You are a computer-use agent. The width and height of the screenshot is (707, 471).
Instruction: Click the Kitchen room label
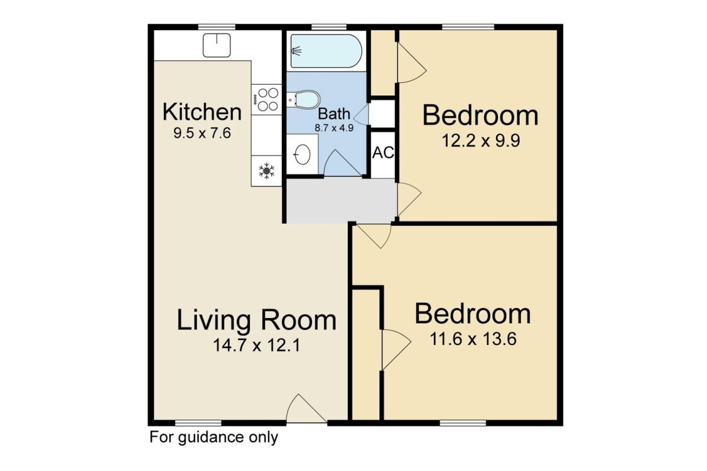coord(202,112)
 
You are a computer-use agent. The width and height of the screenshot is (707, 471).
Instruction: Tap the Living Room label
coord(257,320)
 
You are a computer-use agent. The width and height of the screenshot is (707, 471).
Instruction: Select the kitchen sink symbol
coord(217,45)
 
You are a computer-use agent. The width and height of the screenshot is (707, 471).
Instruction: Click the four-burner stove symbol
coord(266,99)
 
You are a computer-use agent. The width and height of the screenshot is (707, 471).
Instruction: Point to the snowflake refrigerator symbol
coord(266,171)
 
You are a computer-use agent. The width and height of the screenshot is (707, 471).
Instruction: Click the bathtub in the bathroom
coord(326,51)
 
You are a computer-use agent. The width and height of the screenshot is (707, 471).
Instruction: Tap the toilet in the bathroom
coord(303,99)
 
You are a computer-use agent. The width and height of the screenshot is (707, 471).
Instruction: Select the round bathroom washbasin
coord(302,154)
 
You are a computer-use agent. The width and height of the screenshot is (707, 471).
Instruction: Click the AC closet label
coord(383,152)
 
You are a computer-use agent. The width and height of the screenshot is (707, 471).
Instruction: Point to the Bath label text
coord(334,114)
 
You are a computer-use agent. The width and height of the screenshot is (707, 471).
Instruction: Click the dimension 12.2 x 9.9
coord(480,141)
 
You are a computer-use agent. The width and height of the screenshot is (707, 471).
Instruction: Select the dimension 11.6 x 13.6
coord(473,339)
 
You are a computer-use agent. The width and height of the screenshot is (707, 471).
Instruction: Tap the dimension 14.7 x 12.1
coord(257,345)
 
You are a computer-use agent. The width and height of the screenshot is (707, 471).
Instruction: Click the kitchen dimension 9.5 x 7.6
coord(202,133)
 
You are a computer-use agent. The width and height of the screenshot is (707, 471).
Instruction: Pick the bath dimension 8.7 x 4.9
coord(334,128)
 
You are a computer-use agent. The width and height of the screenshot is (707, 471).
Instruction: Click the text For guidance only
coord(214,437)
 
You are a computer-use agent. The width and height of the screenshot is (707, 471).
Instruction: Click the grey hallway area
coord(341,201)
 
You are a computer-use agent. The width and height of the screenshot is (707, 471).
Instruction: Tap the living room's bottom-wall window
coord(198,423)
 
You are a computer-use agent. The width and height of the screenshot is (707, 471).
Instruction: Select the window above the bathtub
coord(329,27)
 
